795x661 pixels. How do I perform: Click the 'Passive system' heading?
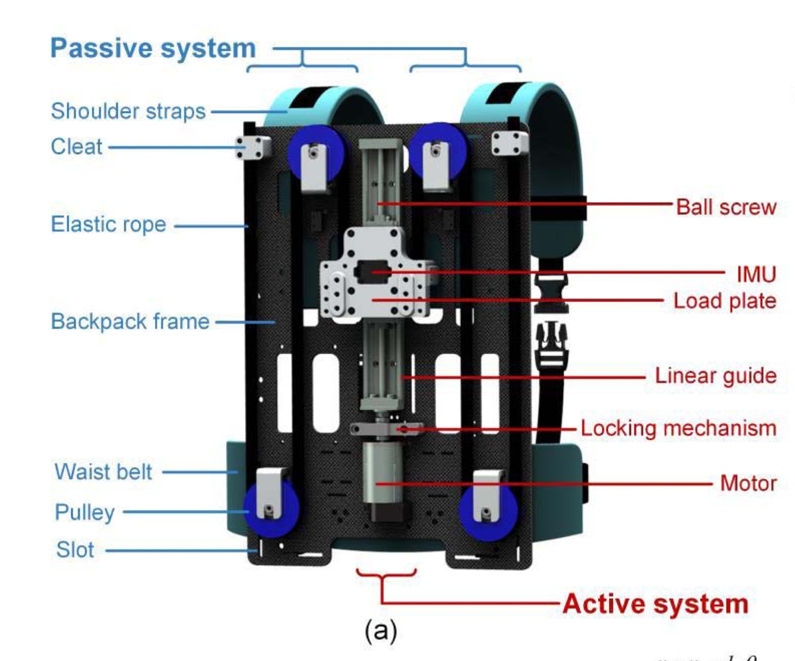153,48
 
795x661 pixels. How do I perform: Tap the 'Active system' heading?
655,603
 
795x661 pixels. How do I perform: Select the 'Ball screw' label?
726,207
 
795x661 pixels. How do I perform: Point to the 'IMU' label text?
756,274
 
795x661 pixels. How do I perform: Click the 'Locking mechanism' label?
678,428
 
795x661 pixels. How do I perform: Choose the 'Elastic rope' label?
109,224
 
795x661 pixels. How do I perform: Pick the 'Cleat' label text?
77,147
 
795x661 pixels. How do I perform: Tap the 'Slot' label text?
75,549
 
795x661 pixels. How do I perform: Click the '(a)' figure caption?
381,631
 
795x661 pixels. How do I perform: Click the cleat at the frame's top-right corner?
509,143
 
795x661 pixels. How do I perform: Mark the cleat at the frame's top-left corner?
253,147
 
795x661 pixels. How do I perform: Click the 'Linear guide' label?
715,375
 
